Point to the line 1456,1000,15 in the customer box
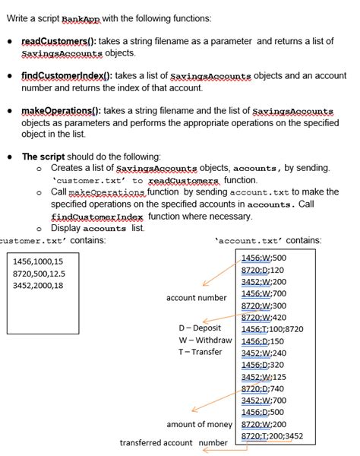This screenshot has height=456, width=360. coord(39,261)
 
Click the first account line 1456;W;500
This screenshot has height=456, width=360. coord(263,258)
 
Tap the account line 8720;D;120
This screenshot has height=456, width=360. coord(261,269)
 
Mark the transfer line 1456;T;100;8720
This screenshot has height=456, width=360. coord(272,329)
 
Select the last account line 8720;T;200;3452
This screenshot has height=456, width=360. coord(272,436)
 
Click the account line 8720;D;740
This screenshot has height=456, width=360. coord(261,388)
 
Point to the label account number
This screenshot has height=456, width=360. coord(196,297)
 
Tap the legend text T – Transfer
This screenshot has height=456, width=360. coord(200,352)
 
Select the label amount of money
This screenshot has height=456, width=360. coord(199,424)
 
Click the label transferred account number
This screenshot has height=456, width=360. coord(173,442)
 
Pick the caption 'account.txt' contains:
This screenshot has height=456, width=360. coord(268,240)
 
